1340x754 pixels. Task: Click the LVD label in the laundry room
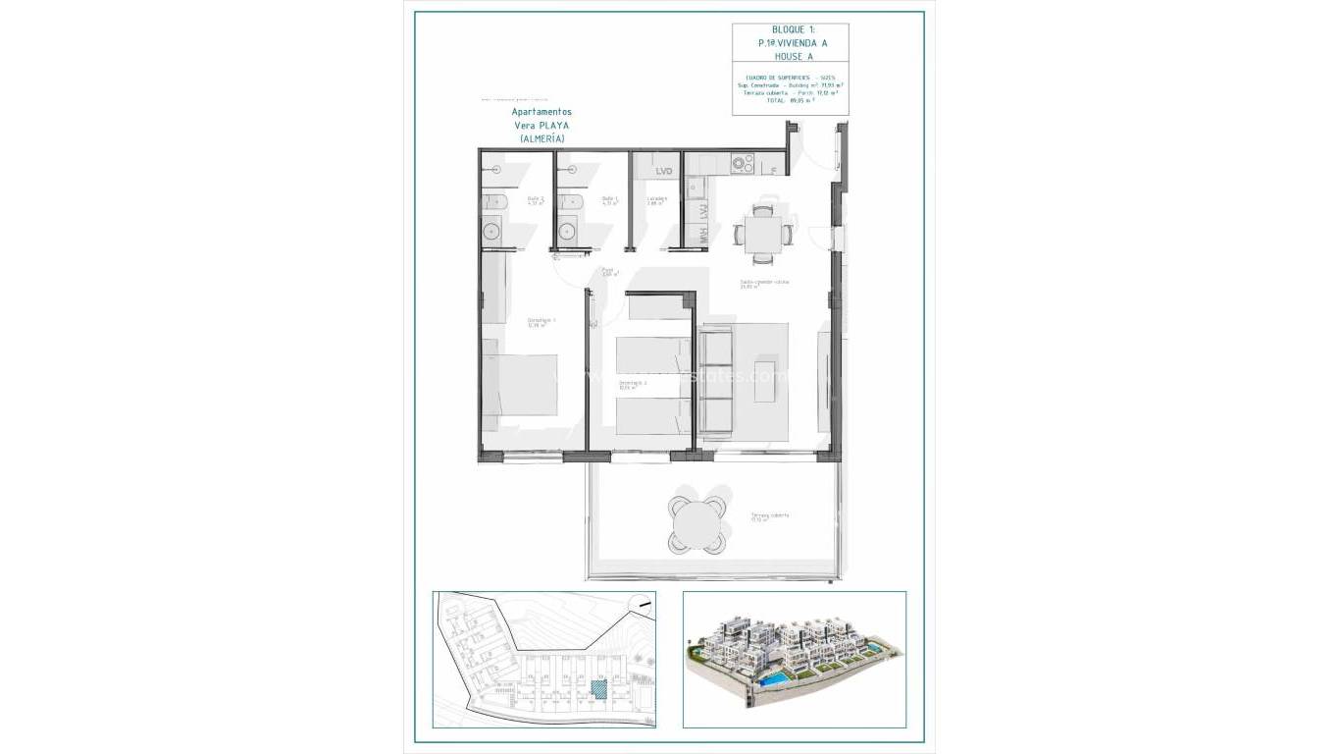664,172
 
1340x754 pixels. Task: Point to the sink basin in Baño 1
566,233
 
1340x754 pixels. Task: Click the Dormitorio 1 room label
541,321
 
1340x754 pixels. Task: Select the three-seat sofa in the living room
716,380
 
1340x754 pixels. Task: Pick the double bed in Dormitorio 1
520,386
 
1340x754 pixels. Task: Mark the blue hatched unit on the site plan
597,690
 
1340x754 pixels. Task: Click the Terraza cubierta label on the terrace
769,516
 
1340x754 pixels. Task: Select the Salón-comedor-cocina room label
764,283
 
